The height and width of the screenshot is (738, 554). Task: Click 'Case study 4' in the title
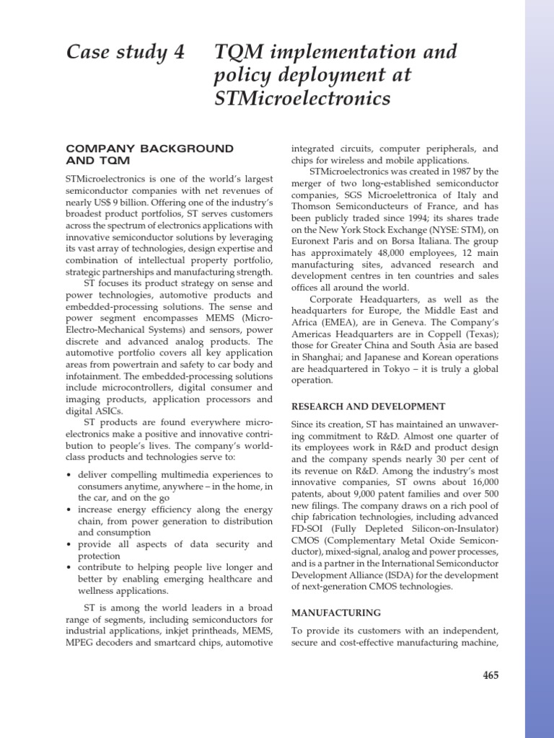pos(126,53)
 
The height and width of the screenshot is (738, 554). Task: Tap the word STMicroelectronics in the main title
pos(302,97)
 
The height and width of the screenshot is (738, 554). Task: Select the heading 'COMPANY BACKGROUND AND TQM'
pos(150,154)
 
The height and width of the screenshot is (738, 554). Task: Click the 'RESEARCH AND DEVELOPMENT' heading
pos(368,406)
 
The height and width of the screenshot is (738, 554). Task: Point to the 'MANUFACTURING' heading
pos(335,613)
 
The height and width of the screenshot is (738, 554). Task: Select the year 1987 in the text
pos(463,172)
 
